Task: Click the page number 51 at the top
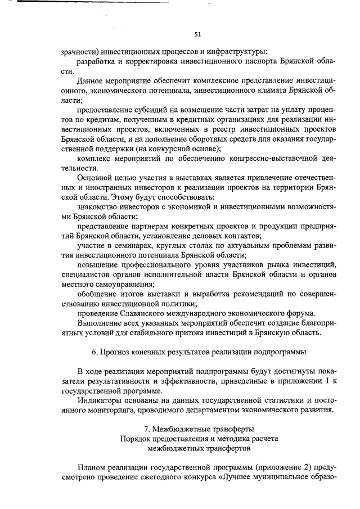click(197, 34)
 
